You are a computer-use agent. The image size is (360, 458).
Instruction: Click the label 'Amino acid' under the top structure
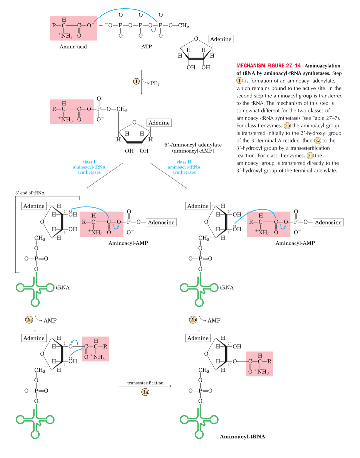coord(73,47)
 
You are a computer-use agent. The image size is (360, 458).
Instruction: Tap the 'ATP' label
coord(146,47)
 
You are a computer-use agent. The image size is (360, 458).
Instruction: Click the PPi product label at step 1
coord(154,83)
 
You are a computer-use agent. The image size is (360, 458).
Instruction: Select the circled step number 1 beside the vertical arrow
coord(136,81)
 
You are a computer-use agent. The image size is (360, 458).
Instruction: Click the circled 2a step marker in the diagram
coord(29,320)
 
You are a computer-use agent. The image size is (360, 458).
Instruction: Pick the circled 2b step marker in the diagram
coord(193,320)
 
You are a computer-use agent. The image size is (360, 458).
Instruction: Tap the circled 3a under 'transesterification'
coord(145,392)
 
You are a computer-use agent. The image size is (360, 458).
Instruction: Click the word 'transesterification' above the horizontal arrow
coord(145,383)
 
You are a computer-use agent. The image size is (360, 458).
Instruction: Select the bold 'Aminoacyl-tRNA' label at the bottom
coord(242,437)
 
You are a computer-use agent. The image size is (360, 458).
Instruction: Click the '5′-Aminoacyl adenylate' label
coord(193,145)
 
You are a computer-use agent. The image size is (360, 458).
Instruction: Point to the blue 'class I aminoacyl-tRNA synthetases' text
coord(89,167)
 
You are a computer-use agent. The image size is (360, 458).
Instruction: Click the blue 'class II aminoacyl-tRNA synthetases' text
coord(184,167)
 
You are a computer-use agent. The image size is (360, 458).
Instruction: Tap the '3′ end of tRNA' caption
coord(30,193)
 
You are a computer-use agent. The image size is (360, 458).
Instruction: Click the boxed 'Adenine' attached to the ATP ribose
coord(220,39)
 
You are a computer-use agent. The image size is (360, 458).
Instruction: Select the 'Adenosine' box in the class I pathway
coord(161,223)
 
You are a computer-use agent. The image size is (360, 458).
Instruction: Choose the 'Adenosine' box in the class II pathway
coord(328,223)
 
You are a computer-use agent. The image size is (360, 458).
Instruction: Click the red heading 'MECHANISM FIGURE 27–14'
coord(268,66)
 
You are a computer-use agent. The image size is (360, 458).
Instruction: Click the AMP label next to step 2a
coord(50,320)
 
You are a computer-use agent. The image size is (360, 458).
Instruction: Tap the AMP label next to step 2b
coord(214,320)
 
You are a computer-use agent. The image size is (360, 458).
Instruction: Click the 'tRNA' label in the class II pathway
coord(227,287)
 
